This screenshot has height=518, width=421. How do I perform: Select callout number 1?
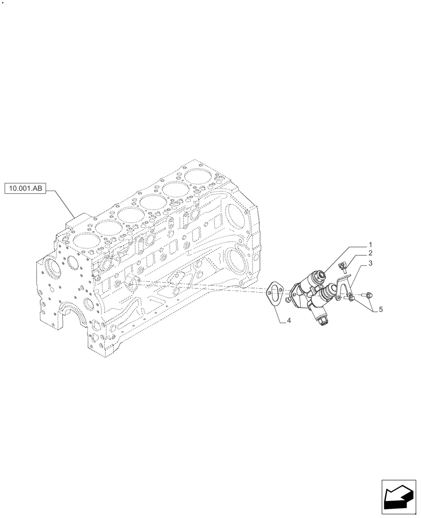pyautogui.click(x=371, y=243)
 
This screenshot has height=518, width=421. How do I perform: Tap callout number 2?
pyautogui.click(x=371, y=253)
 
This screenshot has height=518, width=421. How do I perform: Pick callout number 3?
pyautogui.click(x=371, y=264)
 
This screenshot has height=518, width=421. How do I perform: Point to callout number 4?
pyautogui.click(x=289, y=321)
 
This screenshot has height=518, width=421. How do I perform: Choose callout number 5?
pyautogui.click(x=381, y=309)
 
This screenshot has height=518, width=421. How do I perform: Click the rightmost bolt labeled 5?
pyautogui.click(x=369, y=295)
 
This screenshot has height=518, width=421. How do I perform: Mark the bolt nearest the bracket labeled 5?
pyautogui.click(x=351, y=297)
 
